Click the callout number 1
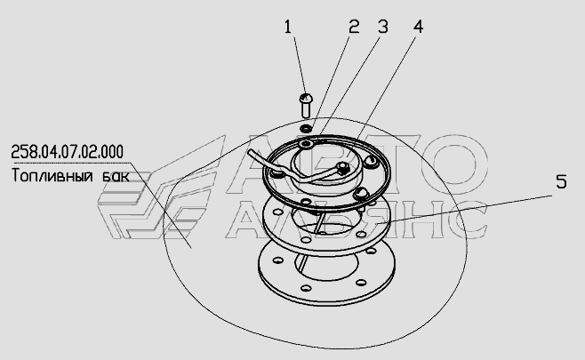click(x=287, y=27)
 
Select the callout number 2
click(x=354, y=27)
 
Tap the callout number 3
click(x=383, y=27)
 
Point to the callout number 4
click(x=418, y=27)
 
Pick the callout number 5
click(x=561, y=182)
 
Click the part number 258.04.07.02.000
click(x=68, y=152)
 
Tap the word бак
click(x=116, y=176)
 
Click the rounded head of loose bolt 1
click(x=306, y=99)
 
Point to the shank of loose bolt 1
click(x=306, y=110)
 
